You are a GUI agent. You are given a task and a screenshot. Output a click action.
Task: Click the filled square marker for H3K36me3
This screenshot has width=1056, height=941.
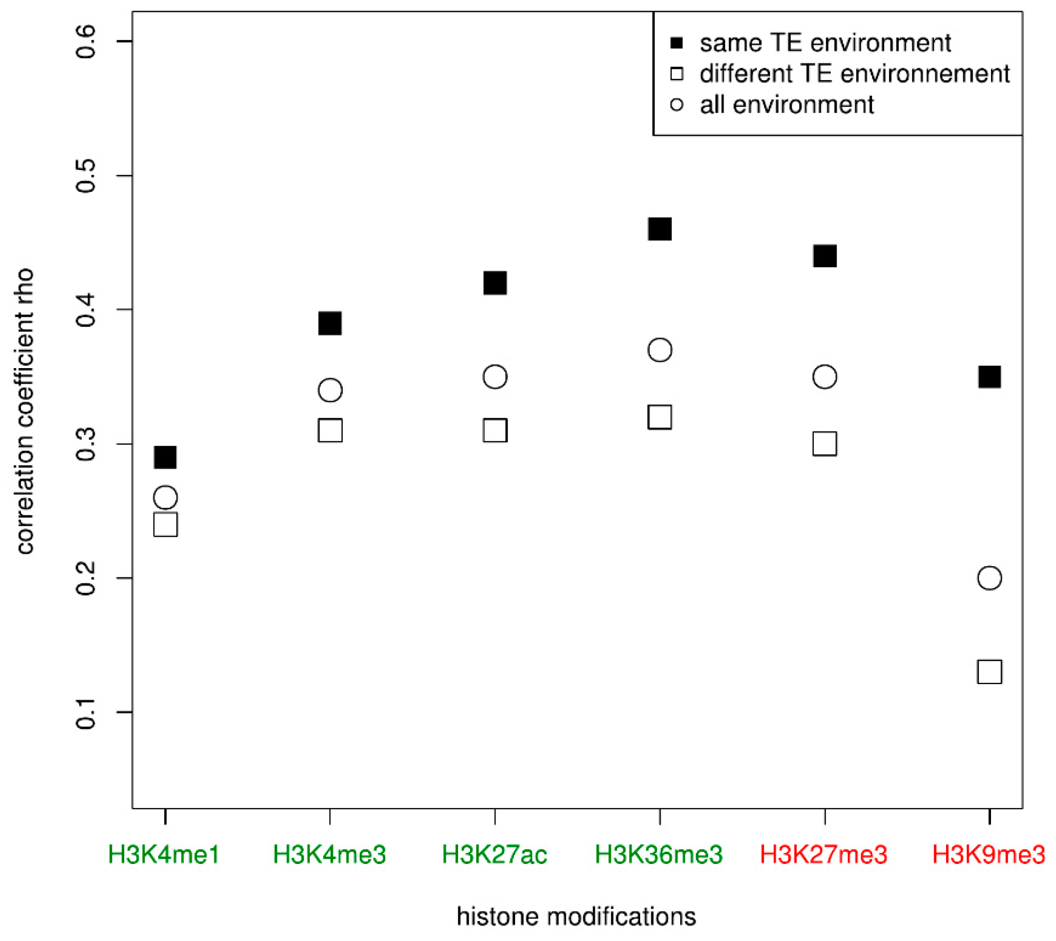tap(659, 229)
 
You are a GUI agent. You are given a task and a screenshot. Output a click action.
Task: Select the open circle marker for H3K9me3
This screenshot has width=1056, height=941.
tap(989, 578)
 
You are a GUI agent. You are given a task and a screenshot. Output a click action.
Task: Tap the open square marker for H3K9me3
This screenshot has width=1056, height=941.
tap(989, 672)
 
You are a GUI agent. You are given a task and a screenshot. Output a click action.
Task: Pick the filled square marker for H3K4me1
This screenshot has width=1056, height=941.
tap(166, 458)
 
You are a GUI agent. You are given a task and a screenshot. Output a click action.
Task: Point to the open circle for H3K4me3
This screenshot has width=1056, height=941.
tap(330, 390)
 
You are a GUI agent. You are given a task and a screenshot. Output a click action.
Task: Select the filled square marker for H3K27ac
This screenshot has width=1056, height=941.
tap(495, 283)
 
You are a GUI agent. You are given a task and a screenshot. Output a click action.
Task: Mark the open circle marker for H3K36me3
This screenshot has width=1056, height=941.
tap(659, 350)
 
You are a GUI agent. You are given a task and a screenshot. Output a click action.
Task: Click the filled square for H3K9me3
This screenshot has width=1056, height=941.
tap(989, 377)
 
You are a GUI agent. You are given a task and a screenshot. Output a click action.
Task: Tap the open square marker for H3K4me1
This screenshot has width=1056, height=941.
tap(166, 525)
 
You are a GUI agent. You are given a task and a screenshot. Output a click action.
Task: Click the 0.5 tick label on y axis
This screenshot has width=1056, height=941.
tap(86, 176)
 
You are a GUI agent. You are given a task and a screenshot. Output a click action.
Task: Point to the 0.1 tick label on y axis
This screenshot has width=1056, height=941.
tap(86, 713)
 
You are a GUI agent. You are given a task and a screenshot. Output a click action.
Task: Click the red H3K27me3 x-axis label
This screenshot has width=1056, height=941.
tap(823, 854)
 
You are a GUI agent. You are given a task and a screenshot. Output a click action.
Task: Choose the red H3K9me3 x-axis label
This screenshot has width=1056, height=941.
tap(988, 854)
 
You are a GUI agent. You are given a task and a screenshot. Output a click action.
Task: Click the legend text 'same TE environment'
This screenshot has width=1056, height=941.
tap(825, 43)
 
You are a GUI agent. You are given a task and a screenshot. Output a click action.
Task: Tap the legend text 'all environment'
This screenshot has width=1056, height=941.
tap(786, 105)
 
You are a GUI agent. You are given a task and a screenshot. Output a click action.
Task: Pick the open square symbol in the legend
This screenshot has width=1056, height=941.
tap(676, 74)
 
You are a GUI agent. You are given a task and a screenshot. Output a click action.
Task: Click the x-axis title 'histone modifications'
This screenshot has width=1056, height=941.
tap(576, 917)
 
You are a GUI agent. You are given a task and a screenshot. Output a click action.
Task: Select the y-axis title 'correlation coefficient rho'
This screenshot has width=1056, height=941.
tap(25, 411)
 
